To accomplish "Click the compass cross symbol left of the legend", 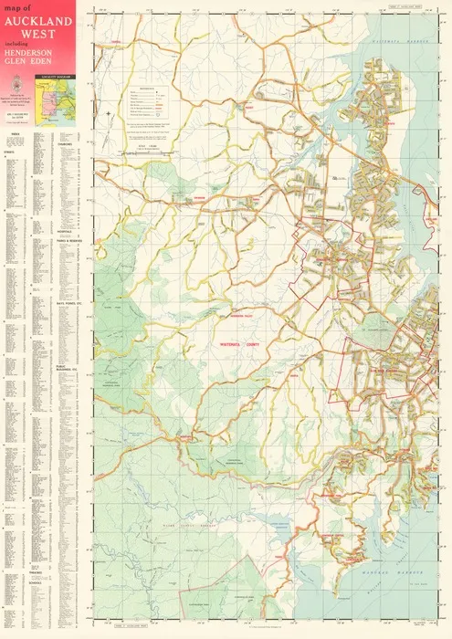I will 109,113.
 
